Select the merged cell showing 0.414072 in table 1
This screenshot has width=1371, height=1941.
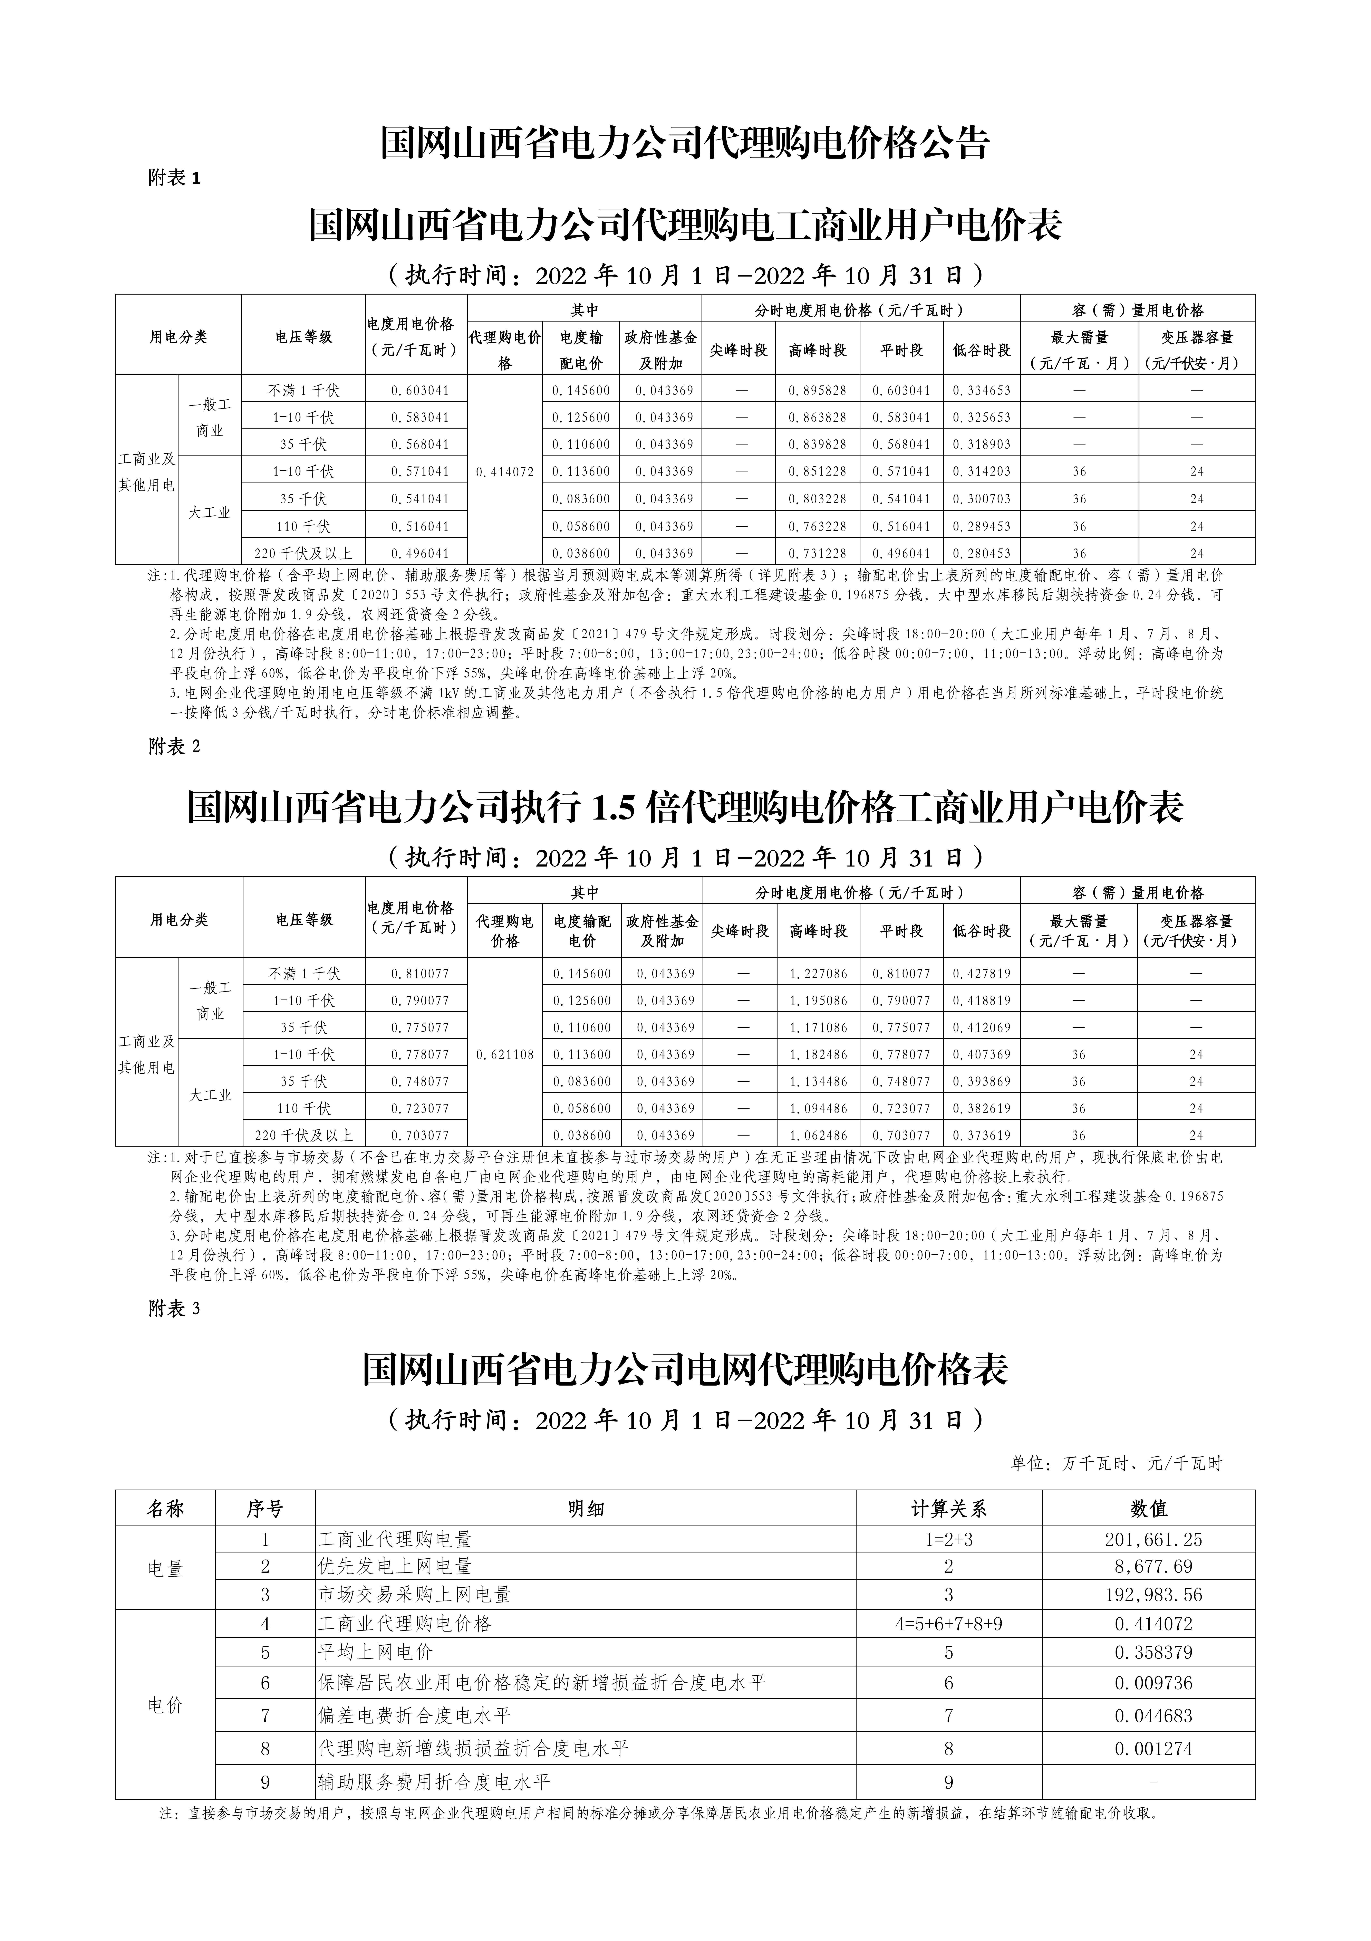coord(505,472)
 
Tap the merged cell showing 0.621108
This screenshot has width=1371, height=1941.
coord(505,1054)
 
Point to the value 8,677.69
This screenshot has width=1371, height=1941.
coord(1153,1567)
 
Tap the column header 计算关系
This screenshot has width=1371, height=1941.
coord(948,1508)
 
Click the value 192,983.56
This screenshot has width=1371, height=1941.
coord(1153,1594)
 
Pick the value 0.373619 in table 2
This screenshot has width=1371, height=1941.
coord(981,1135)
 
